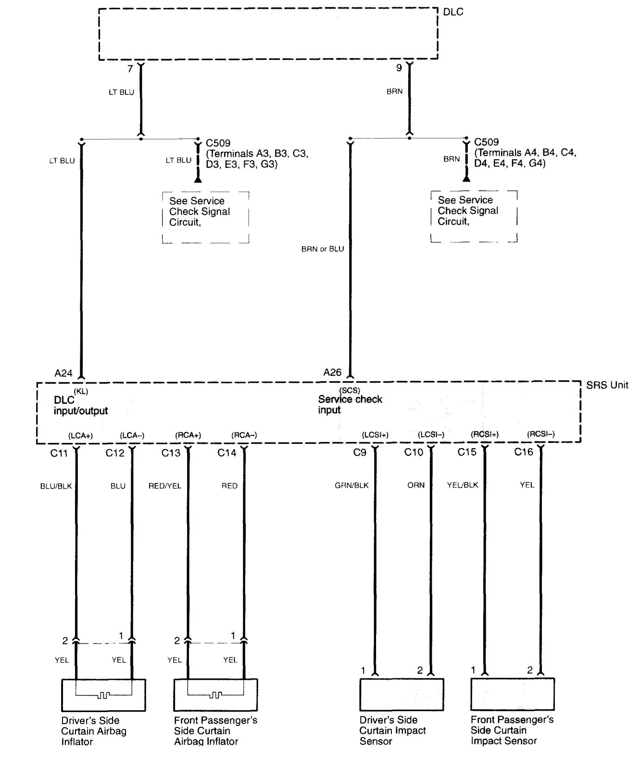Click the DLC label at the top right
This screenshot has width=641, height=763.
pyautogui.click(x=452, y=12)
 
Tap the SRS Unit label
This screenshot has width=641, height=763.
pyautogui.click(x=607, y=385)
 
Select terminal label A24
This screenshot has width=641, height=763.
pyautogui.click(x=63, y=373)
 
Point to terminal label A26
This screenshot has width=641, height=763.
pyautogui.click(x=332, y=372)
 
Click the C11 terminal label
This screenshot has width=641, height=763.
pyautogui.click(x=59, y=453)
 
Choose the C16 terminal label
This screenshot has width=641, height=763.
pyautogui.click(x=523, y=452)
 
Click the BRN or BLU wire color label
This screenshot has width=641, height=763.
pyautogui.click(x=322, y=249)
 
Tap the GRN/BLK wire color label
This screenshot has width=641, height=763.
pyautogui.click(x=352, y=486)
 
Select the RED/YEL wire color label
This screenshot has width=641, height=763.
pyautogui.click(x=164, y=486)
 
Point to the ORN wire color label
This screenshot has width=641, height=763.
pyautogui.click(x=416, y=486)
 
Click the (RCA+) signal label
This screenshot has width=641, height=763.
pyautogui.click(x=188, y=436)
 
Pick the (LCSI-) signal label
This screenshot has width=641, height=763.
pyautogui.click(x=431, y=435)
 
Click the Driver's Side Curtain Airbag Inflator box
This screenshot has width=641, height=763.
pyautogui.click(x=103, y=695)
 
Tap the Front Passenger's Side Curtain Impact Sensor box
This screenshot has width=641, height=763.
pyautogui.click(x=512, y=694)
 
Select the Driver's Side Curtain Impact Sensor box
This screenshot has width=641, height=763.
pyautogui.click(x=402, y=695)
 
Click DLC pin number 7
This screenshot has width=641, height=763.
pyautogui.click(x=130, y=69)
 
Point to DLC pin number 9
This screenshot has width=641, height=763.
pyautogui.click(x=399, y=69)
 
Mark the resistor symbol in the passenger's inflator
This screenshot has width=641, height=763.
pyautogui.click(x=215, y=695)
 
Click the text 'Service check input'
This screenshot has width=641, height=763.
pyautogui.click(x=350, y=405)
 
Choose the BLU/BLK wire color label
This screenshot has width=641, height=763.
pyautogui.click(x=56, y=486)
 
